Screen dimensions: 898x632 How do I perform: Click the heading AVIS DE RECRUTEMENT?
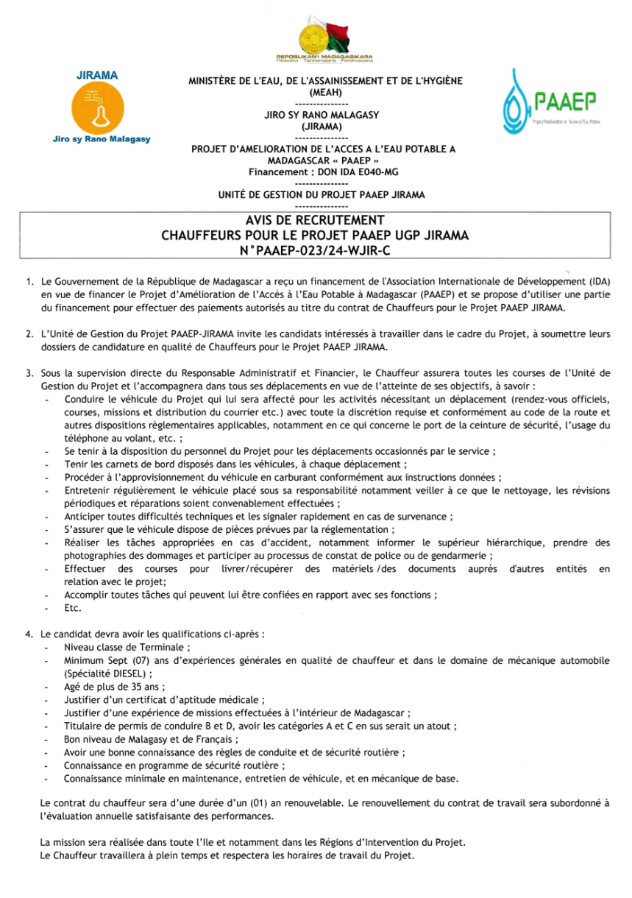click(x=315, y=221)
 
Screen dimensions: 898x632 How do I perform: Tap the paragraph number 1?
click(x=29, y=281)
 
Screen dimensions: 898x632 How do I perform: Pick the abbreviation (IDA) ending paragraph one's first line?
click(x=600, y=281)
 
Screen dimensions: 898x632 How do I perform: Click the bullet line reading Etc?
click(x=73, y=608)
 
